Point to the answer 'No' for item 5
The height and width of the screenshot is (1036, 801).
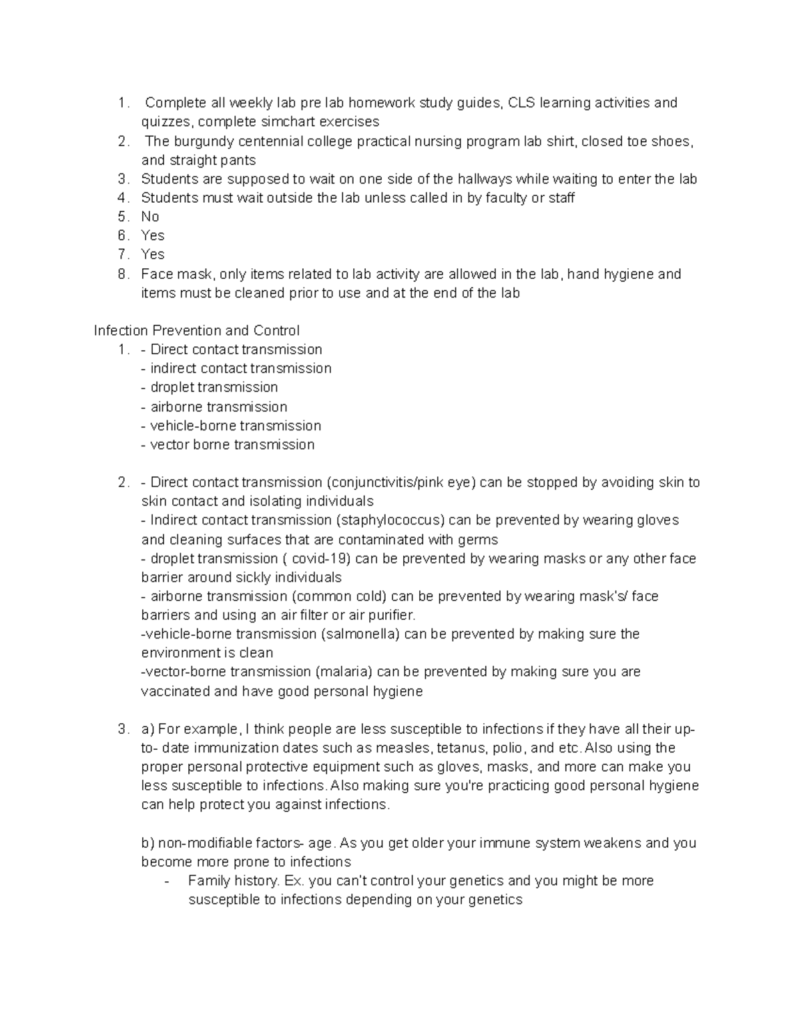150,217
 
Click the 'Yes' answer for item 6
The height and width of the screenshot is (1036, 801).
153,235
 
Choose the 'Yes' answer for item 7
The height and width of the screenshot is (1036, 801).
153,254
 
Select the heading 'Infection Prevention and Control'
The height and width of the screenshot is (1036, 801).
197,331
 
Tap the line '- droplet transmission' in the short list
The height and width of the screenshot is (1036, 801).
210,388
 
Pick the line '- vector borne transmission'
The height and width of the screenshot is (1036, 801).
228,444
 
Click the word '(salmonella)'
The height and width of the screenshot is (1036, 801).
360,634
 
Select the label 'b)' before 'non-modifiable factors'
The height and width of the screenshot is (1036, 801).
148,843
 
